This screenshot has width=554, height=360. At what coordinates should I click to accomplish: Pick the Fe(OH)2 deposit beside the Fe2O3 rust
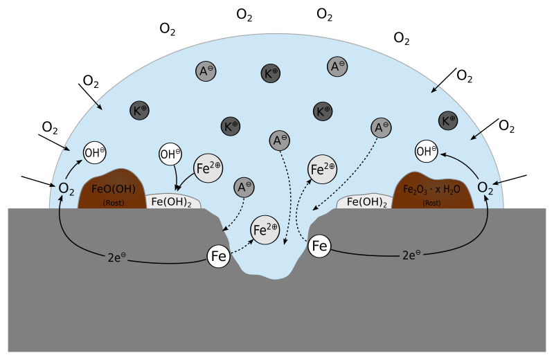pos(365,202)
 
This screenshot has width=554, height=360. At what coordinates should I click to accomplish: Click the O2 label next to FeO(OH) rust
pos(66,188)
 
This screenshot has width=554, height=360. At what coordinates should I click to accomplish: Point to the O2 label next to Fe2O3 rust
pos(486,188)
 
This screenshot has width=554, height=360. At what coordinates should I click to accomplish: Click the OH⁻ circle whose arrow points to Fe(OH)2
pos(170,154)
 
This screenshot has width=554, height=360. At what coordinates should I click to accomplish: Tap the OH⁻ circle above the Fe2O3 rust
pos(427,150)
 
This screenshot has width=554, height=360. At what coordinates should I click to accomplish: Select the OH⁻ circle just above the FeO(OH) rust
pos(94,152)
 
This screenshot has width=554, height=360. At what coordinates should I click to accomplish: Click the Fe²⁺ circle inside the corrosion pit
pos(265,229)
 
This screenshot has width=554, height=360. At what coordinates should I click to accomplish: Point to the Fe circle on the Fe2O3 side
pos(319,246)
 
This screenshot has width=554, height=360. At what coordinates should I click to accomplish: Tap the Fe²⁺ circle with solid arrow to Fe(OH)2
pos(208,168)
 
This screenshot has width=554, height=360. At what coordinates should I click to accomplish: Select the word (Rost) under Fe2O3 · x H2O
pos(431,203)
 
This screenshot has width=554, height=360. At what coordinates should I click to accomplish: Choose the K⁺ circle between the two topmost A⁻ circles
pos(270,73)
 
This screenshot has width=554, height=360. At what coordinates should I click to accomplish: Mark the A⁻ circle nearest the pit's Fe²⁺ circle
pos(244,187)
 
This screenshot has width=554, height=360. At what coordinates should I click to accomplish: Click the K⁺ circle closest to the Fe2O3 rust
pos(449,120)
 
